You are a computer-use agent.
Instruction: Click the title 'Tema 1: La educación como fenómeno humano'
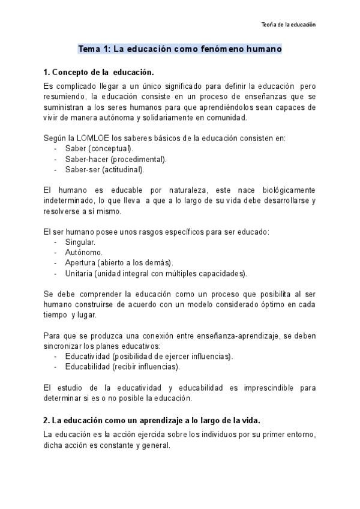click(x=180, y=49)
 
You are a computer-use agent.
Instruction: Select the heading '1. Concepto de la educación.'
click(x=99, y=72)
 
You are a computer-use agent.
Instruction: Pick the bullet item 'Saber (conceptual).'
click(x=100, y=148)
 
